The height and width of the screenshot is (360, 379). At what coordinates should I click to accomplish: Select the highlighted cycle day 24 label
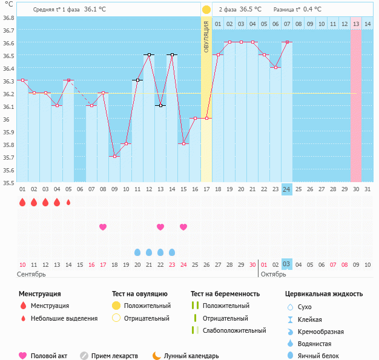(287, 189)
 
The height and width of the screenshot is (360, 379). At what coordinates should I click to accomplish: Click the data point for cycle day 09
(114, 156)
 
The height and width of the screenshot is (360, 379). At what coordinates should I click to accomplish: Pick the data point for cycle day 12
(149, 54)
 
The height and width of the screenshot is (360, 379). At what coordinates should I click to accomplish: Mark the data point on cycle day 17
(206, 118)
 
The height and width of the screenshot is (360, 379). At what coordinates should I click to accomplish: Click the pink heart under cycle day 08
(103, 227)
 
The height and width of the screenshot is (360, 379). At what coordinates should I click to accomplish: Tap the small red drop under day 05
(68, 202)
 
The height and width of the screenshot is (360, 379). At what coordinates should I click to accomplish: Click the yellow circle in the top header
(206, 10)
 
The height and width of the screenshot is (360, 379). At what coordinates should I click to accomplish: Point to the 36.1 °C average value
(94, 10)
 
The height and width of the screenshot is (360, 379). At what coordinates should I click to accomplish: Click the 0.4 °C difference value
(312, 10)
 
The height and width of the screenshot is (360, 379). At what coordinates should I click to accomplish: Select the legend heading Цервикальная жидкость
(324, 294)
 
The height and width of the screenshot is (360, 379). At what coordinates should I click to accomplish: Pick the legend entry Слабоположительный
(234, 330)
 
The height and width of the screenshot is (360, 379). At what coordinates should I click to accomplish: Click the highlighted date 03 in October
(287, 264)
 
